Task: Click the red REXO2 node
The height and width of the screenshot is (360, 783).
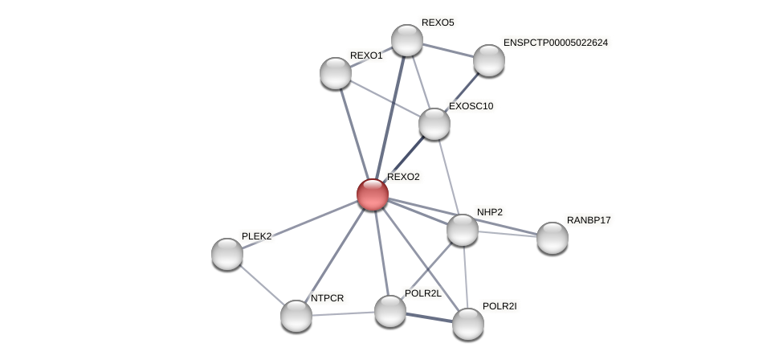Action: pos(373,194)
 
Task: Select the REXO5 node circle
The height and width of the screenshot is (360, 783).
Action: pos(407,40)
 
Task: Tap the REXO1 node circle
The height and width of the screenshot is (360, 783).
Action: pos(336,73)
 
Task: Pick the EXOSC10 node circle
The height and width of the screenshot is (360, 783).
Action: pos(434,124)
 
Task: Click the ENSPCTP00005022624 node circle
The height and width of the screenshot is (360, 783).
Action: pos(489,60)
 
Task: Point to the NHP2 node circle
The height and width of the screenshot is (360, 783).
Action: pos(463,230)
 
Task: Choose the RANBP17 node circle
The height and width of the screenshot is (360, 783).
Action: pos(553,238)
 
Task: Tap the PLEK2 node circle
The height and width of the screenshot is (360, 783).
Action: pos(227,254)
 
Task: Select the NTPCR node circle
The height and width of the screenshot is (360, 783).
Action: pos(296,316)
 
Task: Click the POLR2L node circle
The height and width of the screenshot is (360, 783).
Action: pos(390,311)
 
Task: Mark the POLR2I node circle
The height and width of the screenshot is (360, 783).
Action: pos(468,324)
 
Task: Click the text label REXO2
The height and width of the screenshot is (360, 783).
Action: pos(403,177)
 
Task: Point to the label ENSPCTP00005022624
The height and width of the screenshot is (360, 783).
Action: pos(556,43)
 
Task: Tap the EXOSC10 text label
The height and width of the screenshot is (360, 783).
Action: pos(471,106)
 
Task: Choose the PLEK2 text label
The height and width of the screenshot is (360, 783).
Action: pos(257,236)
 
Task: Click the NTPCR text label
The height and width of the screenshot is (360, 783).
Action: pos(327,298)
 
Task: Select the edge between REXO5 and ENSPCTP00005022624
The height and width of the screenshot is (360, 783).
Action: pos(448,50)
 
